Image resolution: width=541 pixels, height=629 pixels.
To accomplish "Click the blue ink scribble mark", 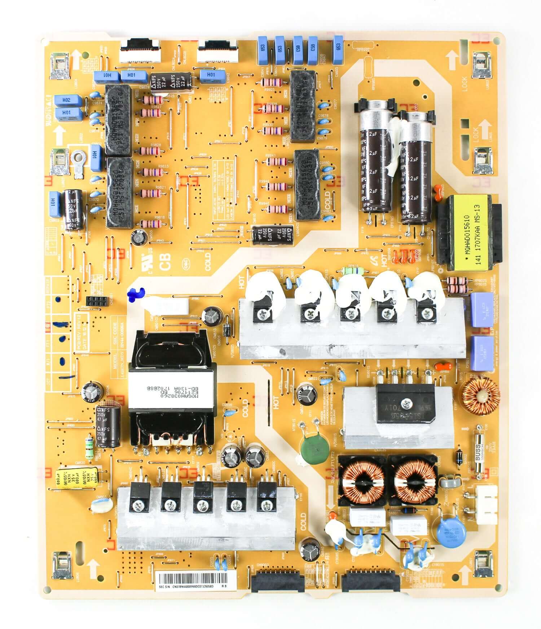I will (136, 294).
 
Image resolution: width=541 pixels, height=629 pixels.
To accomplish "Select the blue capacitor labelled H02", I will (67, 100).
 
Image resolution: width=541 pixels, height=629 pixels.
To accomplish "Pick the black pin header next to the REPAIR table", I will (96, 302).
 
